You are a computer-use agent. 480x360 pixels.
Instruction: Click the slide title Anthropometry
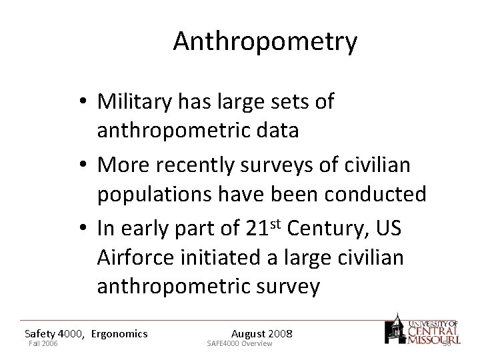(265, 41)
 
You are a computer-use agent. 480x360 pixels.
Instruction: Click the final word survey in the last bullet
(283, 287)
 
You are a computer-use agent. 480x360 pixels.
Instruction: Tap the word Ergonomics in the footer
(119, 333)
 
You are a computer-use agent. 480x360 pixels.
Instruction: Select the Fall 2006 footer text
(43, 344)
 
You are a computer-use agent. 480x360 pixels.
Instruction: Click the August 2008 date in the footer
(261, 333)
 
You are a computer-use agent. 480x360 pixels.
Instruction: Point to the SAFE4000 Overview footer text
(240, 344)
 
